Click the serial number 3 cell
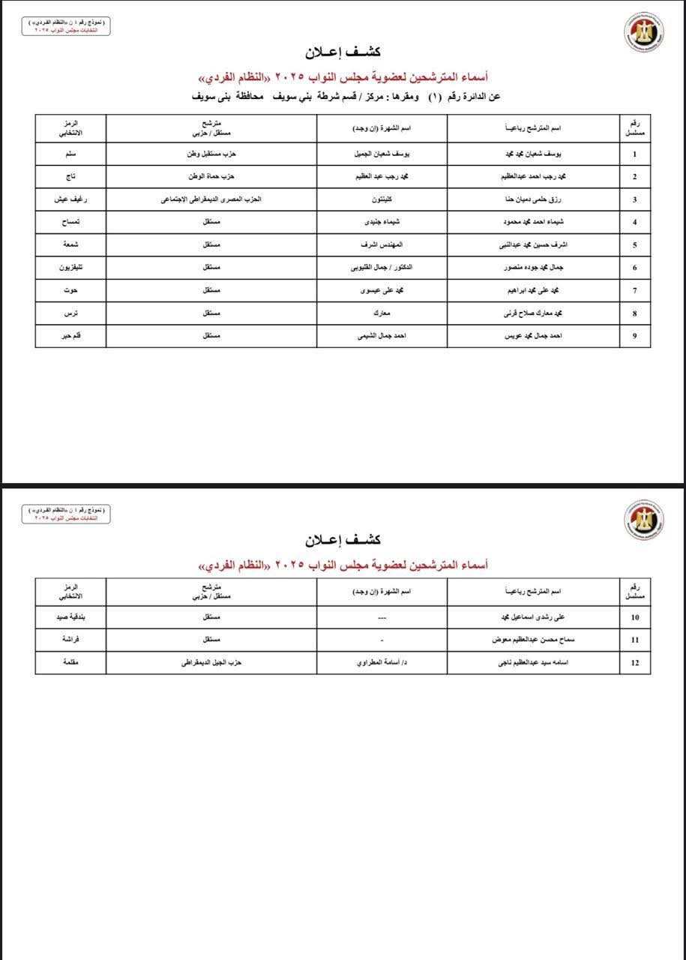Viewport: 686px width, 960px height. click(635, 199)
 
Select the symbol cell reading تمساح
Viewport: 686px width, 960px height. click(70, 222)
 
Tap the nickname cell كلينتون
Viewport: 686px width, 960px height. click(382, 199)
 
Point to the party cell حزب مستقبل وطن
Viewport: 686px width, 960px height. click(211, 154)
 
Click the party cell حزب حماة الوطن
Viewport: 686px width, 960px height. click(211, 177)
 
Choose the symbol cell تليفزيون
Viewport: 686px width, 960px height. click(70, 268)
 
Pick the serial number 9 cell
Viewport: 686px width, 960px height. click(635, 336)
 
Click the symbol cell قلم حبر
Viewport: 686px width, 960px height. click(70, 336)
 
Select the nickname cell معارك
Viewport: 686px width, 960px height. click(382, 313)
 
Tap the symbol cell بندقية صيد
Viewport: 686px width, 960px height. click(70, 618)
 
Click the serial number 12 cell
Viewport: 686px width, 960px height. click(635, 663)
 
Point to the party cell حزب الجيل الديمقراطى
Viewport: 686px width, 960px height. click(211, 663)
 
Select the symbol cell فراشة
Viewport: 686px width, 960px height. click(70, 640)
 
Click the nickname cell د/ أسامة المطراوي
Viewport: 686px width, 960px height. click(382, 663)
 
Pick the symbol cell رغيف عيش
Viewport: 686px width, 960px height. click(70, 199)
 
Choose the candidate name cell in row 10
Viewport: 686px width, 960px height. click(533, 618)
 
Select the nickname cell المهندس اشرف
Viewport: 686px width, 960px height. click(382, 245)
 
